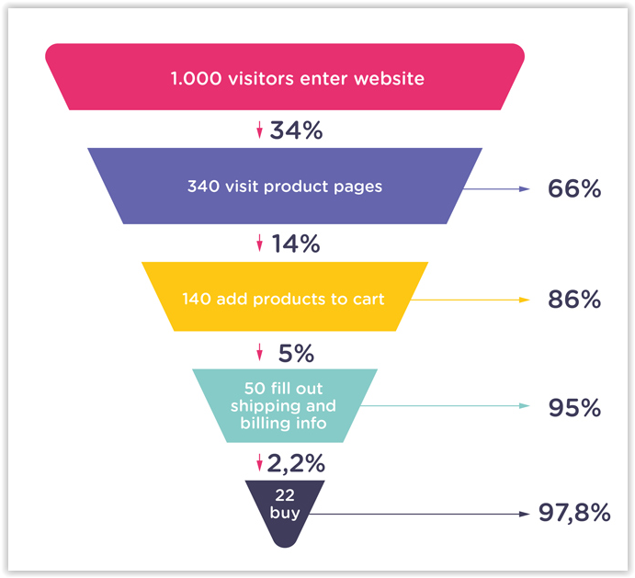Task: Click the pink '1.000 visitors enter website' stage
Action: (285, 77)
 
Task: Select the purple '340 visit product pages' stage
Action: (285, 186)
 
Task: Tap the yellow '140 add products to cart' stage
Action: (285, 298)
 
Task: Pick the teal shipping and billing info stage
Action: (284, 405)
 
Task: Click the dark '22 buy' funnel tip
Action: (285, 506)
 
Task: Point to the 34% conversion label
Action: (296, 130)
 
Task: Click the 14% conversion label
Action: (296, 244)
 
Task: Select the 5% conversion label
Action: (296, 352)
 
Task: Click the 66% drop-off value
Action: (574, 188)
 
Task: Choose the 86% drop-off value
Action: (574, 300)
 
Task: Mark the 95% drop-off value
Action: (574, 407)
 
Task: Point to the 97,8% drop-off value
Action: (574, 513)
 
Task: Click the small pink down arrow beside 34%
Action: (260, 131)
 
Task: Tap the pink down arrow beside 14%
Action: (260, 244)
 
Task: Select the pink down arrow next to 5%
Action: (260, 352)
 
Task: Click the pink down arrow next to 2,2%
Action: (260, 461)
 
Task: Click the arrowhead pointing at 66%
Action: (525, 188)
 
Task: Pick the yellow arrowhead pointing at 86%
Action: (525, 300)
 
